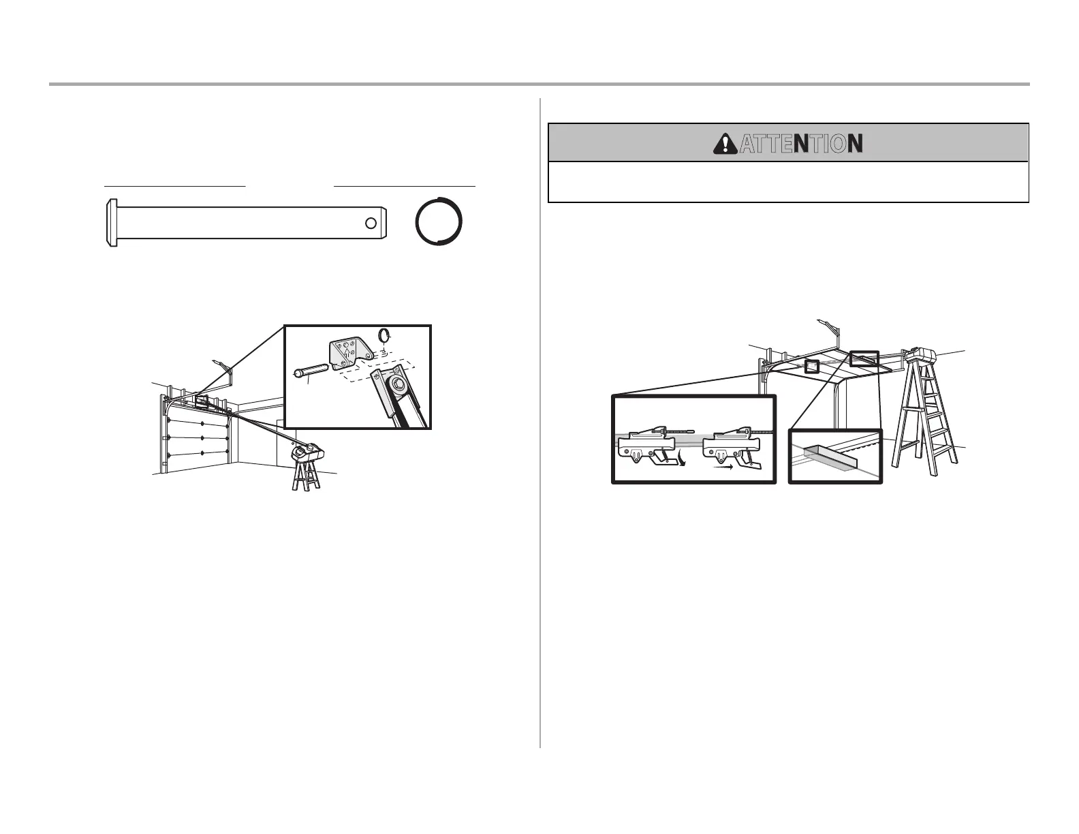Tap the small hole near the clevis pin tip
(370, 223)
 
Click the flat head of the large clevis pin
(112, 223)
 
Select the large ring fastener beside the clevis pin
(439, 221)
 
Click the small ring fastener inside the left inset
(384, 335)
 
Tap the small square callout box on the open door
(811, 366)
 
